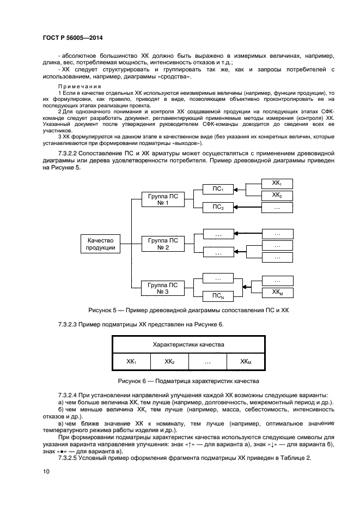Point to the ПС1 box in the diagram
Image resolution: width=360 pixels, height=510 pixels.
coord(218,189)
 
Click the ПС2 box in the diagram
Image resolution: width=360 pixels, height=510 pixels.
coord(218,207)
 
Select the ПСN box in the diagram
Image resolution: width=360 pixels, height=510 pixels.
coord(218,297)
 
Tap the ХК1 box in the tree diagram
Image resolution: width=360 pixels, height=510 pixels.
coord(277,183)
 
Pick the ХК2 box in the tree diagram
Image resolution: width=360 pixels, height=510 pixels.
coord(277,195)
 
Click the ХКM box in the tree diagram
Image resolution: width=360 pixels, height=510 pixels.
coord(277,293)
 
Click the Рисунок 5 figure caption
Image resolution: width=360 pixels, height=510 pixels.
coord(180,310)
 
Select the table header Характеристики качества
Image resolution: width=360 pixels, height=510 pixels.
coord(189,345)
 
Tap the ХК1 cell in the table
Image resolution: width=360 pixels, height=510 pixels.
coord(131,361)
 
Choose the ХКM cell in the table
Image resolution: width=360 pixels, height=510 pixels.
coord(246,361)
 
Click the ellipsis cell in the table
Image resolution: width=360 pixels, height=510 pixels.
coord(208,361)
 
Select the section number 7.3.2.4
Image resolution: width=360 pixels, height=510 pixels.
coord(69,394)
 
